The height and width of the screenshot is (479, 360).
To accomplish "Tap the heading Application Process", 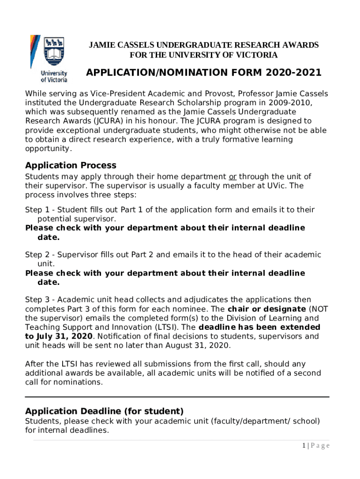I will tap(71, 165).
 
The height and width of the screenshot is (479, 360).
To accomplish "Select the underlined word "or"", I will tap(232, 177).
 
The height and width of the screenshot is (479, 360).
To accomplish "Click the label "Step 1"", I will tap(38, 210).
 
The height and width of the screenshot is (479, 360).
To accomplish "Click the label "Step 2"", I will tap(38, 255).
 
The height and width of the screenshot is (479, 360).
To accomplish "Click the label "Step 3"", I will tap(38, 299).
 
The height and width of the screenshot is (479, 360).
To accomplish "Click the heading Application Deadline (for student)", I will tap(104, 411).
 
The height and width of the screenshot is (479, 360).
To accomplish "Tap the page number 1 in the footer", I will tap(303, 445).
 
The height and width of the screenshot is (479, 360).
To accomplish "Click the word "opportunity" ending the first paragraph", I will tap(48, 149).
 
